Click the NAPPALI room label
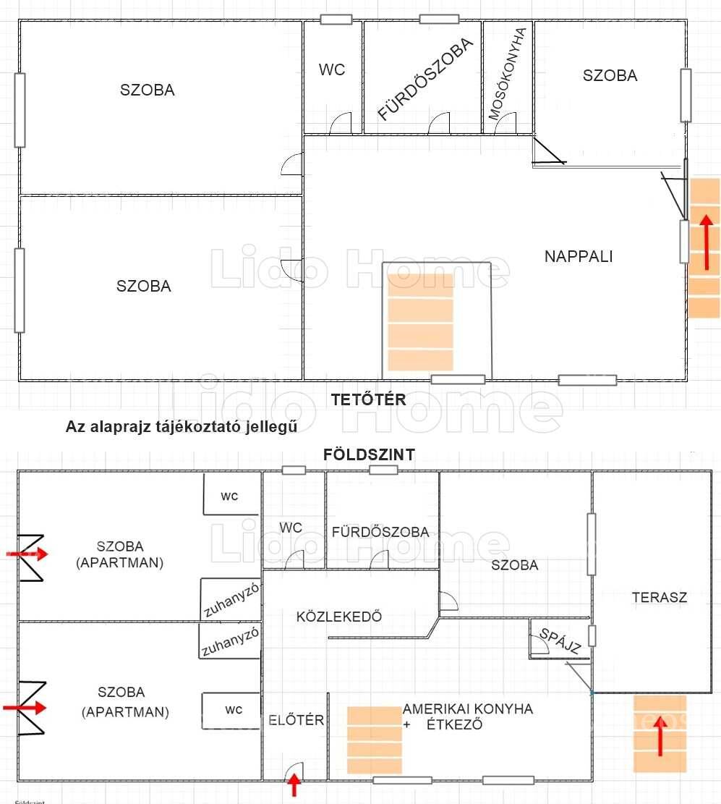pyautogui.click(x=579, y=256)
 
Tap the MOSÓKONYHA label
pyautogui.click(x=508, y=73)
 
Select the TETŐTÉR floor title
pyautogui.click(x=368, y=399)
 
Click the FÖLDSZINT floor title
pyautogui.click(x=369, y=454)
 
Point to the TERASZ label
pyautogui.click(x=660, y=597)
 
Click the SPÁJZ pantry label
pyautogui.click(x=560, y=641)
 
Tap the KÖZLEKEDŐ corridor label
pyautogui.click(x=339, y=617)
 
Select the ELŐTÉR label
pyautogui.click(x=296, y=720)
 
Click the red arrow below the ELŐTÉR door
pyautogui.click(x=294, y=784)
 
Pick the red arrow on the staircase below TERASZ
pyautogui.click(x=660, y=736)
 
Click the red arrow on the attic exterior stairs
pyautogui.click(x=707, y=242)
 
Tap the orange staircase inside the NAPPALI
pyautogui.click(x=420, y=322)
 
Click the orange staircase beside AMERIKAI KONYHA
pyautogui.click(x=375, y=740)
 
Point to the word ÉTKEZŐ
pyautogui.click(x=455, y=724)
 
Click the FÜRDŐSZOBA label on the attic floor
pyautogui.click(x=425, y=79)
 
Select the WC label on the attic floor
pyautogui.click(x=332, y=69)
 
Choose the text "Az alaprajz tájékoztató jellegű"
pyautogui.click(x=182, y=427)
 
